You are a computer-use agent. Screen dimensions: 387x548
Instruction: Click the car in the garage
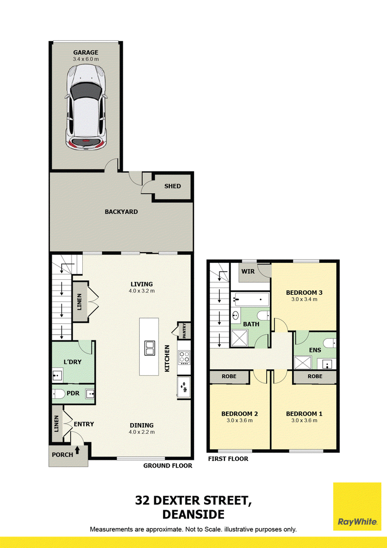(x=86, y=107)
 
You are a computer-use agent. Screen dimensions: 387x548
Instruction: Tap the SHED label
(x=173, y=186)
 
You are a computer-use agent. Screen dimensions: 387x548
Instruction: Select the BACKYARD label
(x=121, y=212)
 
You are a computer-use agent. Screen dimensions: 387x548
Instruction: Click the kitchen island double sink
(x=149, y=348)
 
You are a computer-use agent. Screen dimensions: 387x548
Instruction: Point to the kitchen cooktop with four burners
(x=184, y=357)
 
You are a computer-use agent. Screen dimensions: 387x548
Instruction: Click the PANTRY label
(x=184, y=330)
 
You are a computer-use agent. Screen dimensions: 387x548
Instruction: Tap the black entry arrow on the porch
(x=77, y=450)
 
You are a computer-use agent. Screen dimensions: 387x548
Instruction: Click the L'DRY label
(x=72, y=362)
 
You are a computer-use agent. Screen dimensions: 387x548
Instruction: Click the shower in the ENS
(x=302, y=363)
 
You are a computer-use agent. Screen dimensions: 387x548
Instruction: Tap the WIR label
(x=248, y=271)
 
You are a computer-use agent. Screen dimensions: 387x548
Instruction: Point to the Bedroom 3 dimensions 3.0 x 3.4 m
(x=304, y=299)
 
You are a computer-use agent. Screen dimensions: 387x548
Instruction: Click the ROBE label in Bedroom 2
(x=229, y=377)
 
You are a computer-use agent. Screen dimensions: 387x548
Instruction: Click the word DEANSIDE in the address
(x=193, y=515)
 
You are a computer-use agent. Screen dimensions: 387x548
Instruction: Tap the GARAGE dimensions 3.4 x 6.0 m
(x=86, y=59)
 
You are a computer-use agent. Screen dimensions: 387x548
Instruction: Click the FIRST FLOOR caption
(x=228, y=459)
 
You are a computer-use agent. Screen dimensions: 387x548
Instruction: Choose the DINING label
(x=142, y=426)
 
